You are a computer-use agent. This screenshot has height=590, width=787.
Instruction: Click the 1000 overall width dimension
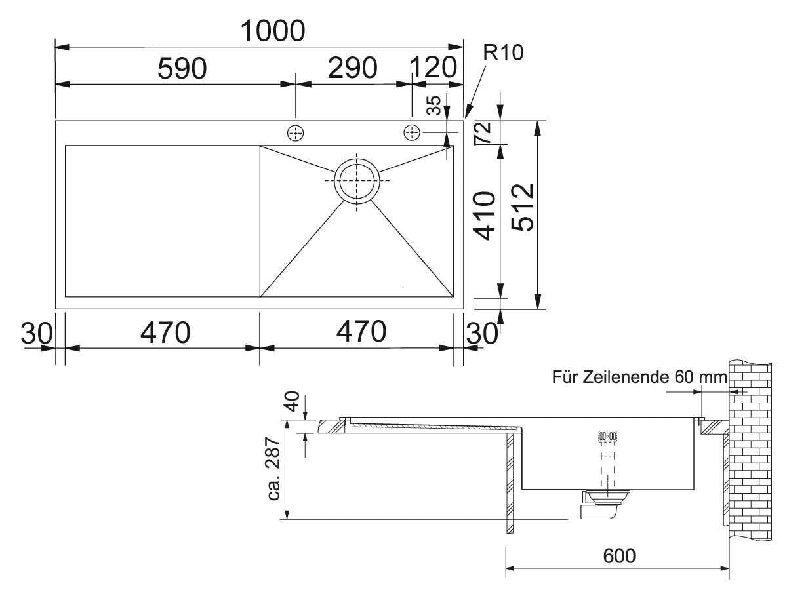[273, 30]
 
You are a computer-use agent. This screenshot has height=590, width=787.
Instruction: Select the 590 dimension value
[182, 69]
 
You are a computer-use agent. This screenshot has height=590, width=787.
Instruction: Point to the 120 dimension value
[434, 68]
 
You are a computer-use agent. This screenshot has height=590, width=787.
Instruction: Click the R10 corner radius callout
[503, 53]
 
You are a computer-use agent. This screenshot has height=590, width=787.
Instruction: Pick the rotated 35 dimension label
[433, 106]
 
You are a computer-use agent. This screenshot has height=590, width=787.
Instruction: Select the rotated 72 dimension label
[483, 133]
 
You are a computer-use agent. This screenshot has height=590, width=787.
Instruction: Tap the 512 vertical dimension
[523, 206]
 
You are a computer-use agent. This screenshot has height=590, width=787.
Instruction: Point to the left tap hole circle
[295, 132]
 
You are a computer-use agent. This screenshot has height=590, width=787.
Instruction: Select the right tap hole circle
[412, 132]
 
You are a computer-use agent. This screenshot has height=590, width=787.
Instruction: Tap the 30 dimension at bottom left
[34, 333]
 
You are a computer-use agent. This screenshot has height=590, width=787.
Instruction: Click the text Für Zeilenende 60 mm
[639, 378]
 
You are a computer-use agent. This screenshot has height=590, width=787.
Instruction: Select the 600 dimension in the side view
[618, 556]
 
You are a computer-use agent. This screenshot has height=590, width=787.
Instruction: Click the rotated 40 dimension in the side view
[291, 401]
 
